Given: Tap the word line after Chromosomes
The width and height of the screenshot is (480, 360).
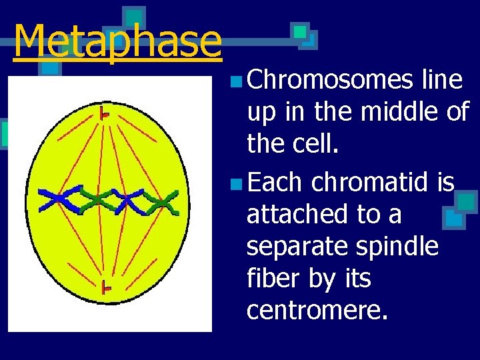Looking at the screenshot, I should click(x=443, y=80).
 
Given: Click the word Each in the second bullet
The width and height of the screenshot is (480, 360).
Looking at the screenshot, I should click(x=275, y=181).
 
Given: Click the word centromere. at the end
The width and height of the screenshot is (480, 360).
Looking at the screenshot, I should click(x=317, y=310).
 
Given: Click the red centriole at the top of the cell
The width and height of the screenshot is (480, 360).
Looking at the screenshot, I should click(x=104, y=114).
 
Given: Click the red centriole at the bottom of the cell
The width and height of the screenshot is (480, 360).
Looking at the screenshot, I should click(x=105, y=288).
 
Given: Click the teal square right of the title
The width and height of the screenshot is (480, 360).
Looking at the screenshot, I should click(x=301, y=31).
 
